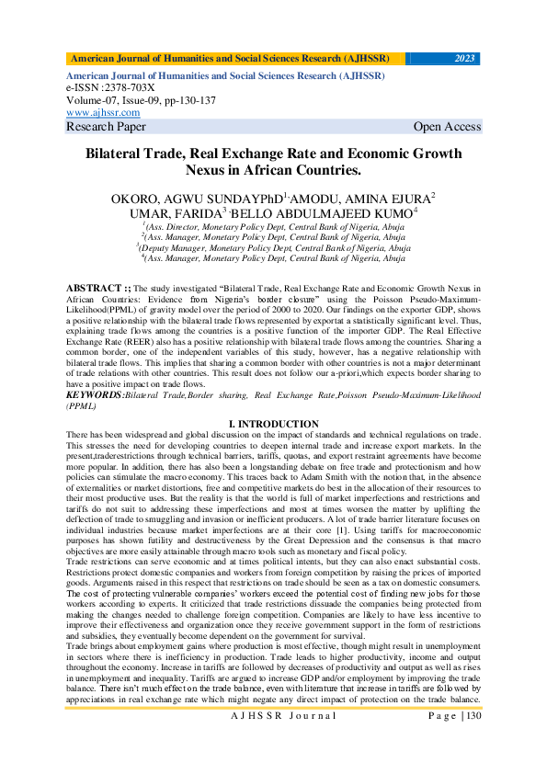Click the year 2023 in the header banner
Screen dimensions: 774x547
point(466,59)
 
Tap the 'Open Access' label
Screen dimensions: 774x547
point(447,127)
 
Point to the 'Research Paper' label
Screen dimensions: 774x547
point(107,127)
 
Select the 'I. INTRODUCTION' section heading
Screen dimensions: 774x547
point(274,423)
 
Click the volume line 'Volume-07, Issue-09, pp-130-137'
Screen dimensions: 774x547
point(141,99)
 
